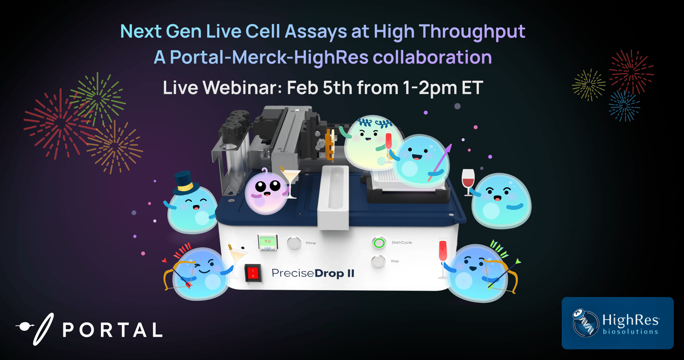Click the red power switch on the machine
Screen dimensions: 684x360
[253, 273]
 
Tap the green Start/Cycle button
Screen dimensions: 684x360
[379, 243]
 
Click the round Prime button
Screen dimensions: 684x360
[294, 243]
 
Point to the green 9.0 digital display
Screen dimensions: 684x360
[267, 242]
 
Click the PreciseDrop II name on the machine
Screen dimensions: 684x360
[313, 273]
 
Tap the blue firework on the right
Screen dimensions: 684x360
[624, 106]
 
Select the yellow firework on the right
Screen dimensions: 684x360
[588, 85]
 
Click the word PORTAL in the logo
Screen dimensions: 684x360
[113, 330]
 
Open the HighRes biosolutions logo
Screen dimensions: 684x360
[618, 323]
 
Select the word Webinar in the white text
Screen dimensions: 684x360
[242, 88]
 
